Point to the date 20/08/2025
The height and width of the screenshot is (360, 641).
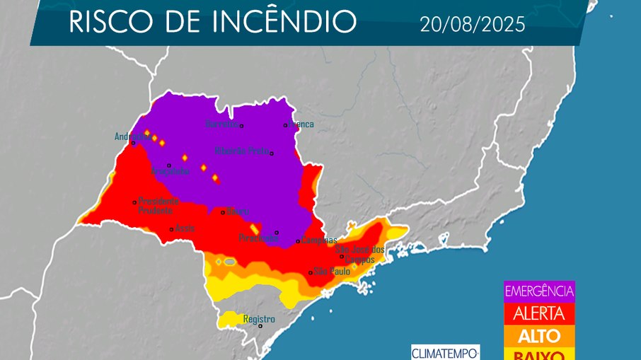point(472,25)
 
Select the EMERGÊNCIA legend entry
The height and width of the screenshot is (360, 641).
point(539,291)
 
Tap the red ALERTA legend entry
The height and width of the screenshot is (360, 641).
point(539,313)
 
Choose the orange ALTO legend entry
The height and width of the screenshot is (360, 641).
point(539,335)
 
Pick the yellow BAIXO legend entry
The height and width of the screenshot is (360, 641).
point(539,354)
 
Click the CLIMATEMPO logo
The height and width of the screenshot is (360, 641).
point(446,352)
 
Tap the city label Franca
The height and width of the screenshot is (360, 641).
point(301,124)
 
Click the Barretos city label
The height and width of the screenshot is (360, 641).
point(221,124)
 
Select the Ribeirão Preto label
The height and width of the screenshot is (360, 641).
point(242,151)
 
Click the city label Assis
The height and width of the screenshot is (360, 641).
point(185,228)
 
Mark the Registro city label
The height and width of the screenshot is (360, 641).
point(258,319)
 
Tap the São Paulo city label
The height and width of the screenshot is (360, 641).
point(331,272)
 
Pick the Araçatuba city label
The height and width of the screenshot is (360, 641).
point(170,172)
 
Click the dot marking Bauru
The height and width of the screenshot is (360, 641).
point(223,212)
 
